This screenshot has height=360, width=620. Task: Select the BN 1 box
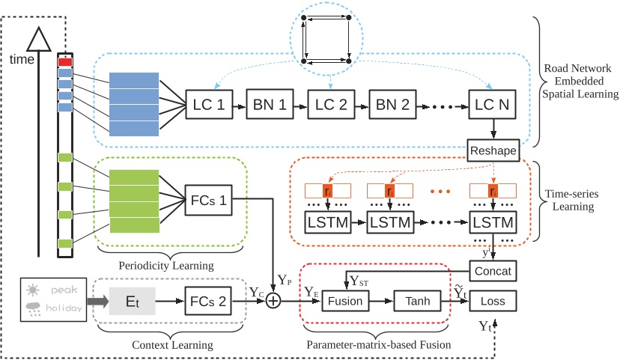point(267,105)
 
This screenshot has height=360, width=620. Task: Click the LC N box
point(492,105)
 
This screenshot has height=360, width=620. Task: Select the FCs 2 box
point(206,302)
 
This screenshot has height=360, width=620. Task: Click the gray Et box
point(132,302)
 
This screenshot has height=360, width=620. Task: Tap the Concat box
point(492,268)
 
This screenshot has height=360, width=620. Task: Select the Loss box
point(492,302)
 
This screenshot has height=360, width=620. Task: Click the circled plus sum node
point(273,302)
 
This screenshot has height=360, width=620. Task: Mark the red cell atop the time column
point(65,62)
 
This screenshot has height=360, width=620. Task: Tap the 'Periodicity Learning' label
point(165,266)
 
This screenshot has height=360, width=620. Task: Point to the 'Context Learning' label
point(166,345)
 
